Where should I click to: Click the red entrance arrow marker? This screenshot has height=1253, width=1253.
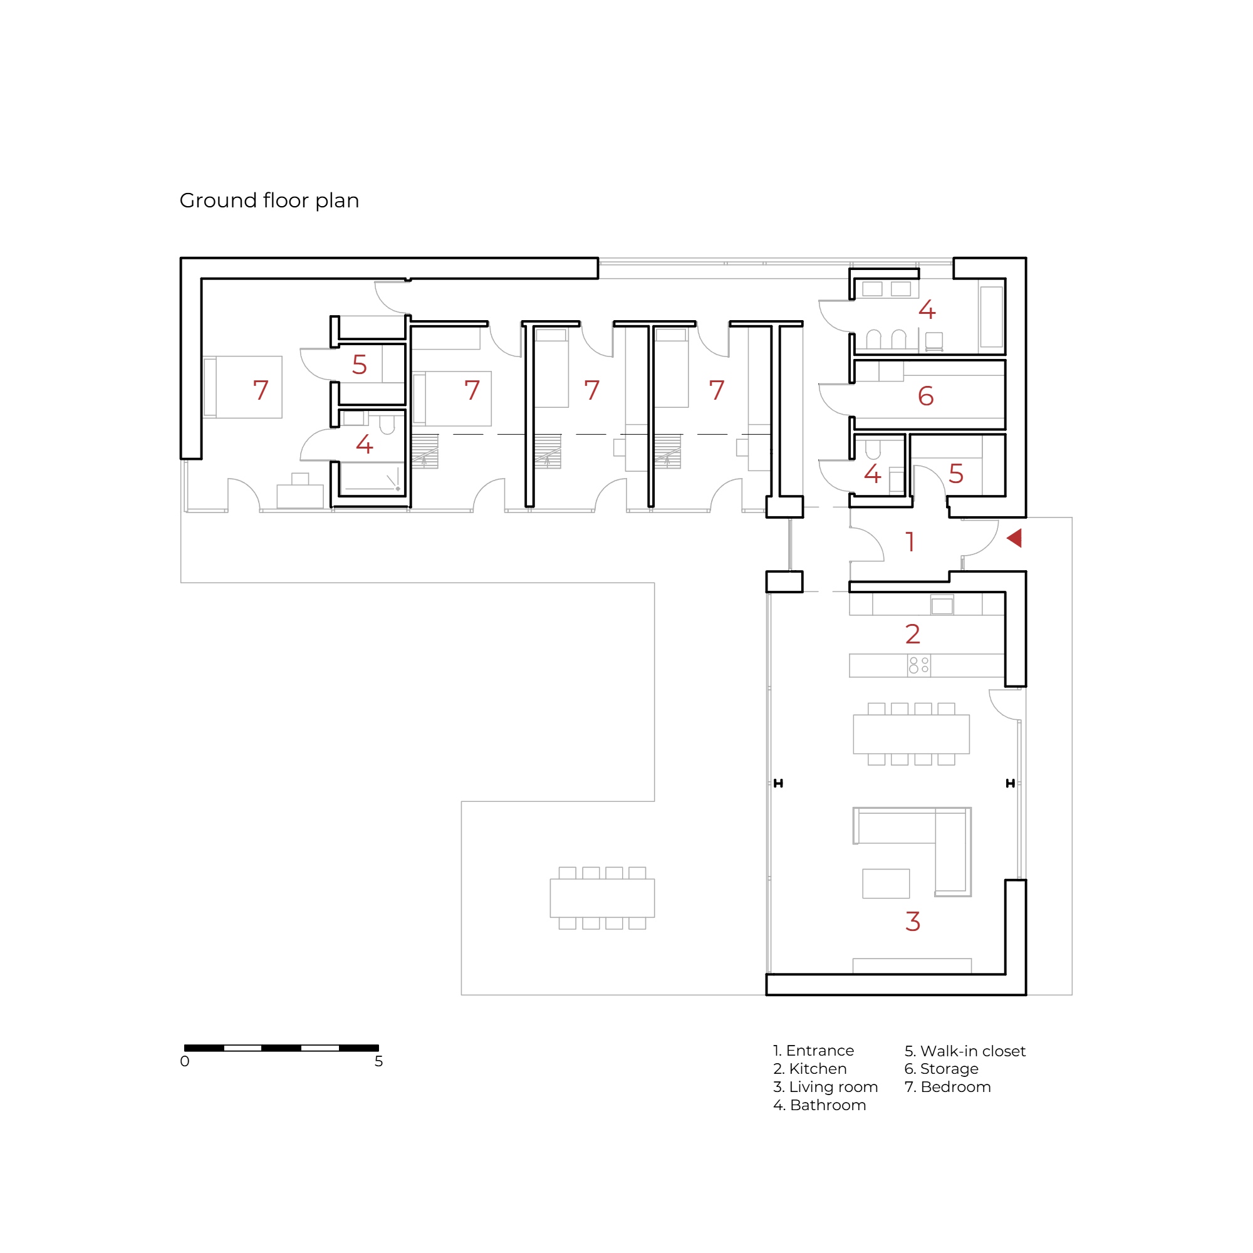click(x=1015, y=538)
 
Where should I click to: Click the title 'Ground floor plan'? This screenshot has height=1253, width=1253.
click(x=269, y=200)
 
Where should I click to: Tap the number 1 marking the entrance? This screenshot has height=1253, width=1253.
click(x=910, y=541)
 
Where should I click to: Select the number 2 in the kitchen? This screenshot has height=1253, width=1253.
click(x=913, y=633)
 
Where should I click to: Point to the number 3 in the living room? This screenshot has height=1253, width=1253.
click(x=913, y=921)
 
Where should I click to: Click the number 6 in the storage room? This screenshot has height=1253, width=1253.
click(x=925, y=395)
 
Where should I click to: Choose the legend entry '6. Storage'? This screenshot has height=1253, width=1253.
click(x=941, y=1068)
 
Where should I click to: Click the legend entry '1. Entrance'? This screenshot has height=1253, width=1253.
click(x=813, y=1050)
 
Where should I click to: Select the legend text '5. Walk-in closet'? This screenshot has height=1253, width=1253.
click(x=965, y=1051)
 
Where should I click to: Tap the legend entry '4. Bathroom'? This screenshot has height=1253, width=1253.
click(x=819, y=1105)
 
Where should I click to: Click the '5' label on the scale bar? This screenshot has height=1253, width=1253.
click(x=379, y=1061)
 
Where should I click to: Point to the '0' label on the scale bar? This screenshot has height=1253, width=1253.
click(x=185, y=1061)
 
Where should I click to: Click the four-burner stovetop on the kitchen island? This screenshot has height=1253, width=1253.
click(x=919, y=665)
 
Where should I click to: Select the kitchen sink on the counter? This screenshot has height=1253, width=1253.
click(x=942, y=605)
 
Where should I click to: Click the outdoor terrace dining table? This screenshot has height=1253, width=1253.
click(x=602, y=898)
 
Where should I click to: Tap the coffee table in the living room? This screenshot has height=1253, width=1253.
click(x=886, y=883)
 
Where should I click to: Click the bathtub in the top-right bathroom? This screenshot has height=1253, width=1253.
click(x=992, y=317)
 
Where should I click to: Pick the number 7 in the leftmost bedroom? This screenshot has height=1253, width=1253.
click(x=261, y=390)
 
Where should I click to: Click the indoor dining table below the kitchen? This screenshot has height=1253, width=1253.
click(x=911, y=734)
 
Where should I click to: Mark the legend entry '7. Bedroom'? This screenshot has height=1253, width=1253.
click(x=947, y=1086)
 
